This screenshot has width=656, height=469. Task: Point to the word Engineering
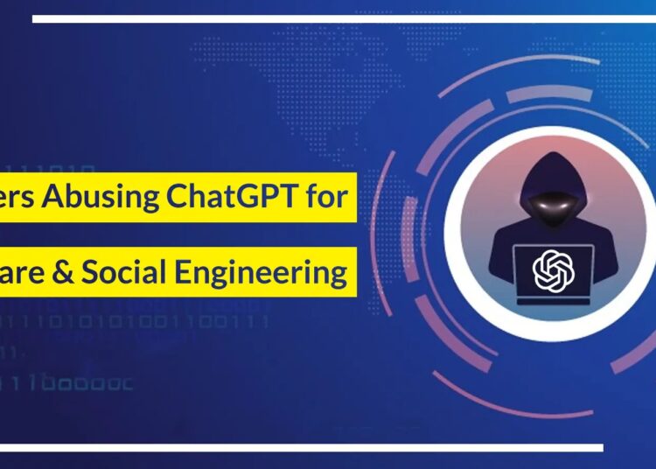[276, 272]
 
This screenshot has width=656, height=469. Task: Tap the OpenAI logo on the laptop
[552, 269]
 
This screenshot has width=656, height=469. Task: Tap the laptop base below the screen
[552, 299]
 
